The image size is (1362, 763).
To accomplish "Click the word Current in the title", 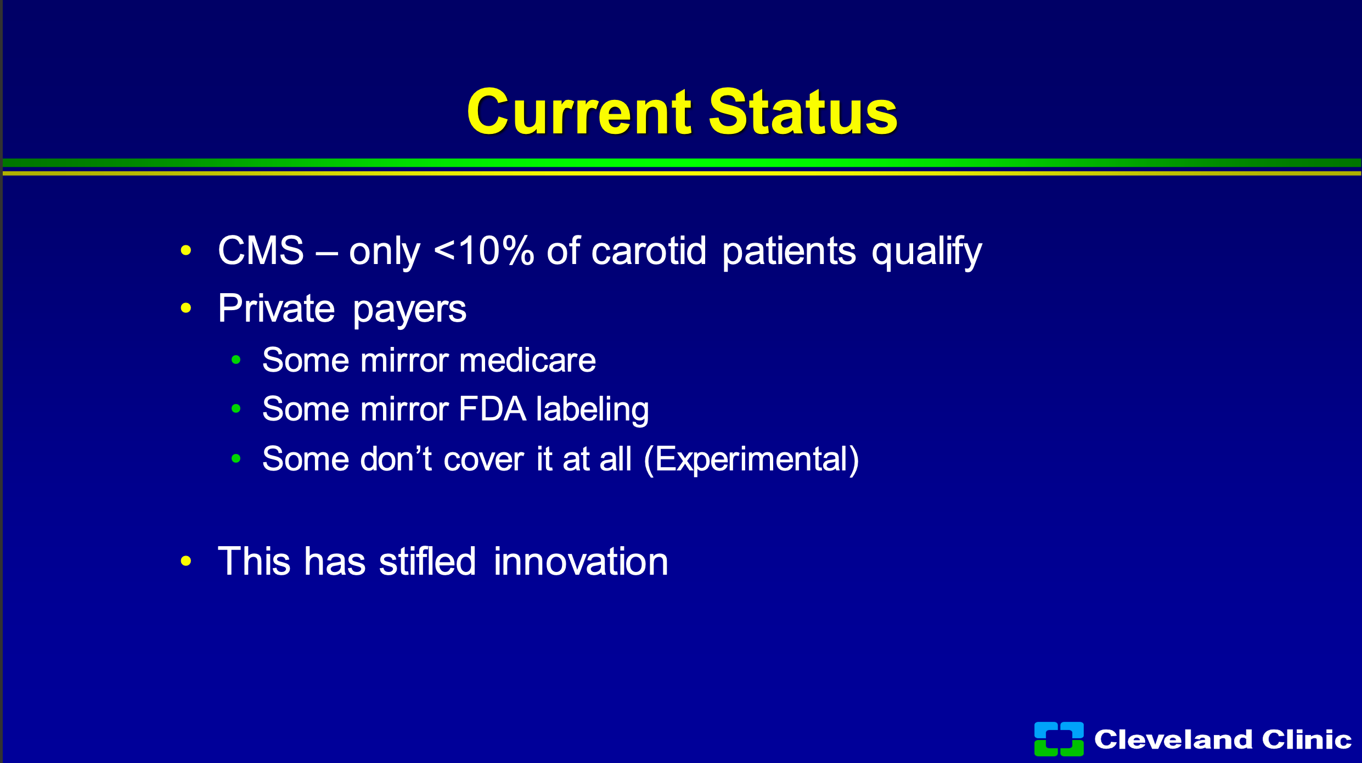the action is (x=579, y=112).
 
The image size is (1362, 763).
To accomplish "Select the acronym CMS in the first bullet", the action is (x=261, y=250).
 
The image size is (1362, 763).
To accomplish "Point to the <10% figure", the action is (x=484, y=250).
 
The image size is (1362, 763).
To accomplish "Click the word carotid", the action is (x=649, y=250).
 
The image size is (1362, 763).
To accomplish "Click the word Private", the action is (x=276, y=308).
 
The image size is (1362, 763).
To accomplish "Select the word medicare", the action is (x=528, y=361).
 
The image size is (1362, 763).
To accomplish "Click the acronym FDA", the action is (x=493, y=409).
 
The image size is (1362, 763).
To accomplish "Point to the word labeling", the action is (x=593, y=411).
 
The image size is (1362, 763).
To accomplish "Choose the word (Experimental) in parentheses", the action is (x=751, y=459).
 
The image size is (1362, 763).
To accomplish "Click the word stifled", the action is (x=427, y=561).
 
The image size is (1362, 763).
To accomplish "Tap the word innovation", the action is (x=581, y=561).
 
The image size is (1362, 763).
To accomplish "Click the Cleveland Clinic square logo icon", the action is (x=1059, y=739).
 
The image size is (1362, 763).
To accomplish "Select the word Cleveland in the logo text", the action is (x=1173, y=739).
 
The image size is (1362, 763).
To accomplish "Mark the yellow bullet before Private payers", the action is (x=186, y=308).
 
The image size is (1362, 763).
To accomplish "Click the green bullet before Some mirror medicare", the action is (x=236, y=360).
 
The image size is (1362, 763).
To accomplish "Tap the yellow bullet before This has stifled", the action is (x=186, y=561).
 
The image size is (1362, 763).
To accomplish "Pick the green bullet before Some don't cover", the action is (x=236, y=458).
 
